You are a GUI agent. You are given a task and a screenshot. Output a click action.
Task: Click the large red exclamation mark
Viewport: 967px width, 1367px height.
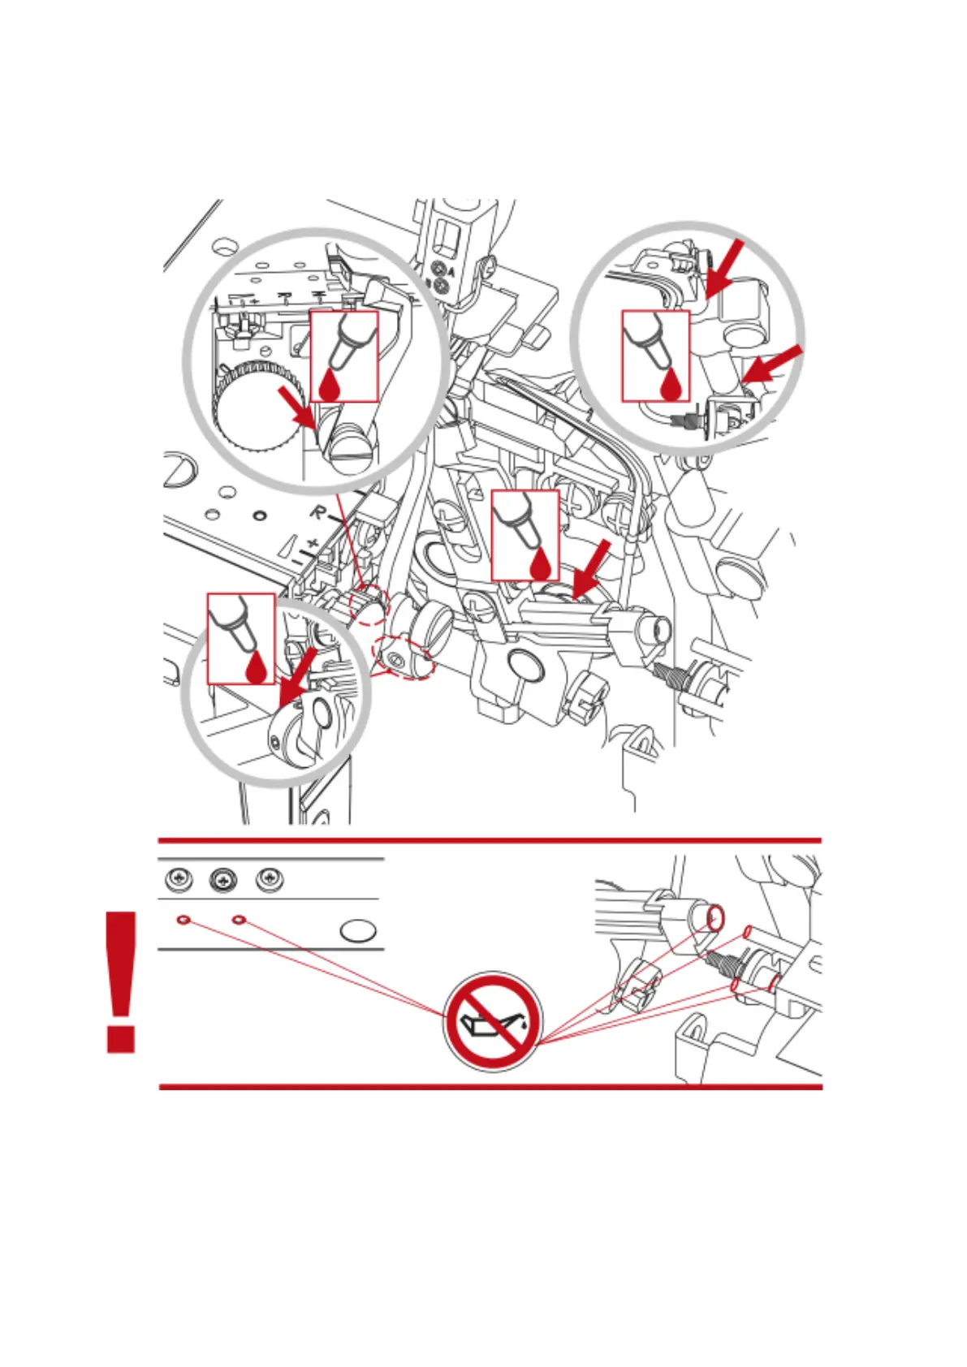tap(121, 982)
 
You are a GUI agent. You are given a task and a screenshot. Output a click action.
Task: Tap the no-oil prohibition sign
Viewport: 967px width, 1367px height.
tap(492, 1021)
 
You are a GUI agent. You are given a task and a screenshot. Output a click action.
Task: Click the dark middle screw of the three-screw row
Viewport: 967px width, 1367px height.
tap(222, 879)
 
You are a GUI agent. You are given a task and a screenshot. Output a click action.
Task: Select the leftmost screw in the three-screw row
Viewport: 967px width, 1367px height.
tap(179, 879)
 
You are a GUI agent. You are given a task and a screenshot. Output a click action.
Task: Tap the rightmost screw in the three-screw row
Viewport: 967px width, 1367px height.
tap(269, 879)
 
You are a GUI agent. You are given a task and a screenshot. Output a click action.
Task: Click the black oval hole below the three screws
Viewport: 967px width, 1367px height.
tap(357, 930)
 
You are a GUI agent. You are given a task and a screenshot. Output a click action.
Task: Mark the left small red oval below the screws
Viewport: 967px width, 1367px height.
tap(183, 920)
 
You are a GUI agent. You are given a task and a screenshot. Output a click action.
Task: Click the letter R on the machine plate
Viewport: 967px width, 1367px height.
tap(318, 512)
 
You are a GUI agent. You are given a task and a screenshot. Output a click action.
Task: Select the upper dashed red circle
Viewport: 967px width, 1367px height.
tap(369, 606)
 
